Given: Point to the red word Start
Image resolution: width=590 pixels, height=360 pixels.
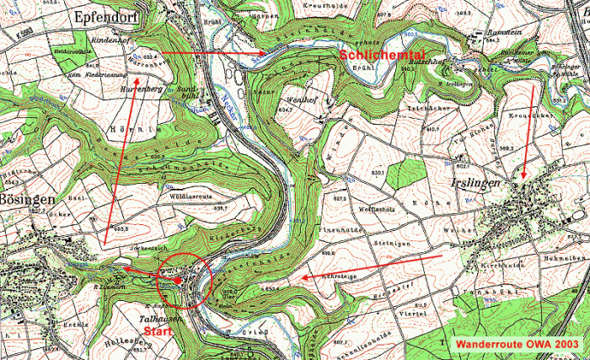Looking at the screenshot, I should [158, 331].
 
